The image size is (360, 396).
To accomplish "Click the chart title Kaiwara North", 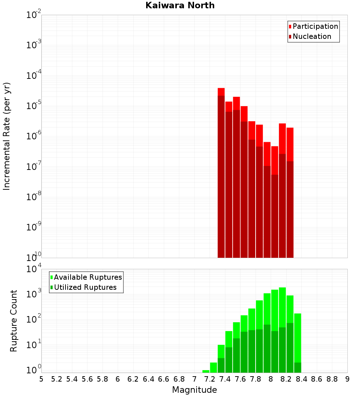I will coord(180,5).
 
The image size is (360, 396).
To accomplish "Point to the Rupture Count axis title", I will coord(14,321).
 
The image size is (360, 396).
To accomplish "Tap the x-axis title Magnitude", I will coord(194,390).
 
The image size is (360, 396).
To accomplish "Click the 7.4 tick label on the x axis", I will coord(225,379).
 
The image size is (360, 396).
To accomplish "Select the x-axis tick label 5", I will coord(41,379).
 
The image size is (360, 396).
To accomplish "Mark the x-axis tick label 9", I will coord(347,379).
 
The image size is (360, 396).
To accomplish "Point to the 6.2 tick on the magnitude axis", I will coord(133,379).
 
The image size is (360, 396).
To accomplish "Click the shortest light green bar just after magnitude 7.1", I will coord(206,371).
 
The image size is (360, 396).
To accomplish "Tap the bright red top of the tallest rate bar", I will coord(221,91).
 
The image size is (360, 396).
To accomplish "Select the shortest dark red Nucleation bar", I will coord(275,216).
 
